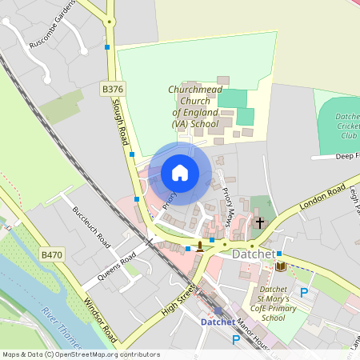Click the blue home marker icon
click(x=180, y=173)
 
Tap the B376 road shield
click(x=113, y=88)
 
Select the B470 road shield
click(x=52, y=254)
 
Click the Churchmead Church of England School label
click(x=194, y=107)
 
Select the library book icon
click(x=280, y=266)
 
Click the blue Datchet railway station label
click(x=218, y=322)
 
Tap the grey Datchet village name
click(x=253, y=254)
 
